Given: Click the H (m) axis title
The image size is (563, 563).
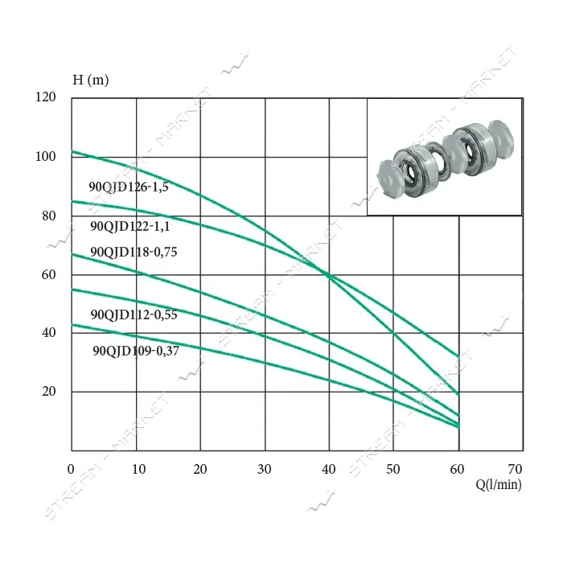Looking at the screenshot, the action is click(90, 80).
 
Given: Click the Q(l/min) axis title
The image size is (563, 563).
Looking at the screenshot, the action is click(499, 484).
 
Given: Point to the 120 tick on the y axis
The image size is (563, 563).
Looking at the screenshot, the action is click(46, 97).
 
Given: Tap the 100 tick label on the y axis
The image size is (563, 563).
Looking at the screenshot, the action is click(46, 157).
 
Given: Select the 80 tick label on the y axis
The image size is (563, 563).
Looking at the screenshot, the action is click(49, 216).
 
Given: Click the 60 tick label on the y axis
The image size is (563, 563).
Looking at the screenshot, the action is click(49, 275).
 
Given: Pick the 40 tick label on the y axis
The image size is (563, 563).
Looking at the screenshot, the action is click(49, 332).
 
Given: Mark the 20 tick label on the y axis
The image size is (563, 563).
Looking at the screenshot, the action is click(49, 392).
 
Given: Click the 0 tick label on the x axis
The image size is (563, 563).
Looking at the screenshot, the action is click(71, 469).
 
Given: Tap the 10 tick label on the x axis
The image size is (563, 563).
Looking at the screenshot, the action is click(138, 469).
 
